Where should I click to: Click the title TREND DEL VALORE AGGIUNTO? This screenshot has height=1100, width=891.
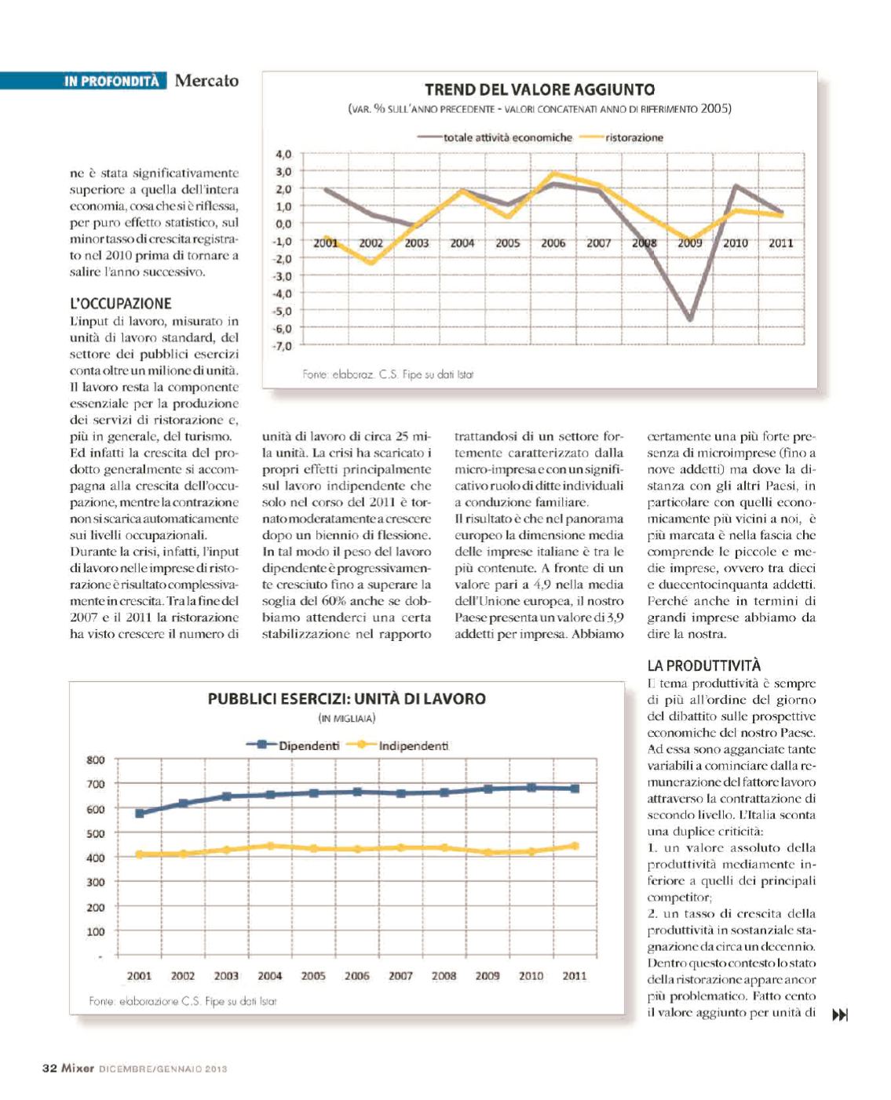tap(539, 89)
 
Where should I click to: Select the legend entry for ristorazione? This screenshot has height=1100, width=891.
tap(634, 137)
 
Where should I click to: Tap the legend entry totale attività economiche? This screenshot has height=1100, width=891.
tap(507, 137)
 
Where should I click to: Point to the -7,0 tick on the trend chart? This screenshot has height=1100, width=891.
tap(283, 346)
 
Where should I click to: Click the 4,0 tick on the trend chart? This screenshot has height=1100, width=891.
tap(283, 155)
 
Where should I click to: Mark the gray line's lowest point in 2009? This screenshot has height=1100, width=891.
tap(690, 319)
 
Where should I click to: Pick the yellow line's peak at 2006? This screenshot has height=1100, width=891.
tap(554, 173)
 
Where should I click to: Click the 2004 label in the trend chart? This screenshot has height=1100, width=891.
tap(462, 243)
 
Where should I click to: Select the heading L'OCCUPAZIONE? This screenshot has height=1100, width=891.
tap(120, 304)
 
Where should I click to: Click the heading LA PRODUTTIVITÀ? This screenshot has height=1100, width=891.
tap(704, 665)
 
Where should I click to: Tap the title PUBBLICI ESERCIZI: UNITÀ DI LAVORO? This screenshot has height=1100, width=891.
tap(346, 698)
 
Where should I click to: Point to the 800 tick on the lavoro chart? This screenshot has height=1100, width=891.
tap(95, 759)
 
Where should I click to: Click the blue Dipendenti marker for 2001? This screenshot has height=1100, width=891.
tap(140, 813)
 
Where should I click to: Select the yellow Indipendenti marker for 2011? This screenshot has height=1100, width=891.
tap(575, 846)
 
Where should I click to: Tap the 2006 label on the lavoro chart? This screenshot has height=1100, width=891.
tap(356, 976)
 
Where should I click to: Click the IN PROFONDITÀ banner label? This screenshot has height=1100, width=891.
tap(111, 81)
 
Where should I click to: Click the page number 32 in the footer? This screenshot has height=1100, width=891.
tap(49, 1068)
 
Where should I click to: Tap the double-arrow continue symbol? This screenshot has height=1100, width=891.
tap(839, 1015)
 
